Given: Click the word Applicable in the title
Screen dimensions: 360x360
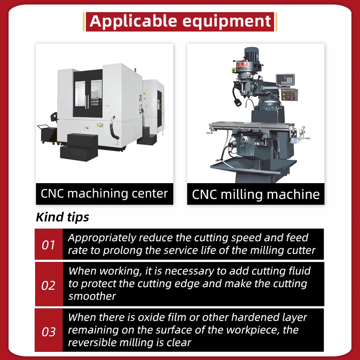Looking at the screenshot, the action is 133,21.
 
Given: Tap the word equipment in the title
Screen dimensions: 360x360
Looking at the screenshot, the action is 227,22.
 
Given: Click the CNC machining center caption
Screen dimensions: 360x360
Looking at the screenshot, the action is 104,193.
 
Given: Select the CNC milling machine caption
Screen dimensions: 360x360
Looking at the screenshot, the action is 256,194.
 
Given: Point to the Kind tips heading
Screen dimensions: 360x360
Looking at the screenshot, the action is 63,217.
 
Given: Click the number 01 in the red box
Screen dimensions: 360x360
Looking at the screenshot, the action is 48,245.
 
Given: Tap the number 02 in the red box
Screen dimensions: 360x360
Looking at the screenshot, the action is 48,285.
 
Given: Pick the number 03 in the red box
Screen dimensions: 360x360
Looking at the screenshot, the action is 49,332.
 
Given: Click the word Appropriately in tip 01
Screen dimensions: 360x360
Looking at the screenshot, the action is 102,238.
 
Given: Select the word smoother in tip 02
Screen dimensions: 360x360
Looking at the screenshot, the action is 92,296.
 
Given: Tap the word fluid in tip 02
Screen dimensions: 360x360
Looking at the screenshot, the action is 298,271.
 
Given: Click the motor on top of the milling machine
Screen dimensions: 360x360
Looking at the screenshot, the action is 252,54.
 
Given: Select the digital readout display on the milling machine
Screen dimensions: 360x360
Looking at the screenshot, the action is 285,80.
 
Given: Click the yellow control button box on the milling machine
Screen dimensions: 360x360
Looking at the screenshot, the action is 289,95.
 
